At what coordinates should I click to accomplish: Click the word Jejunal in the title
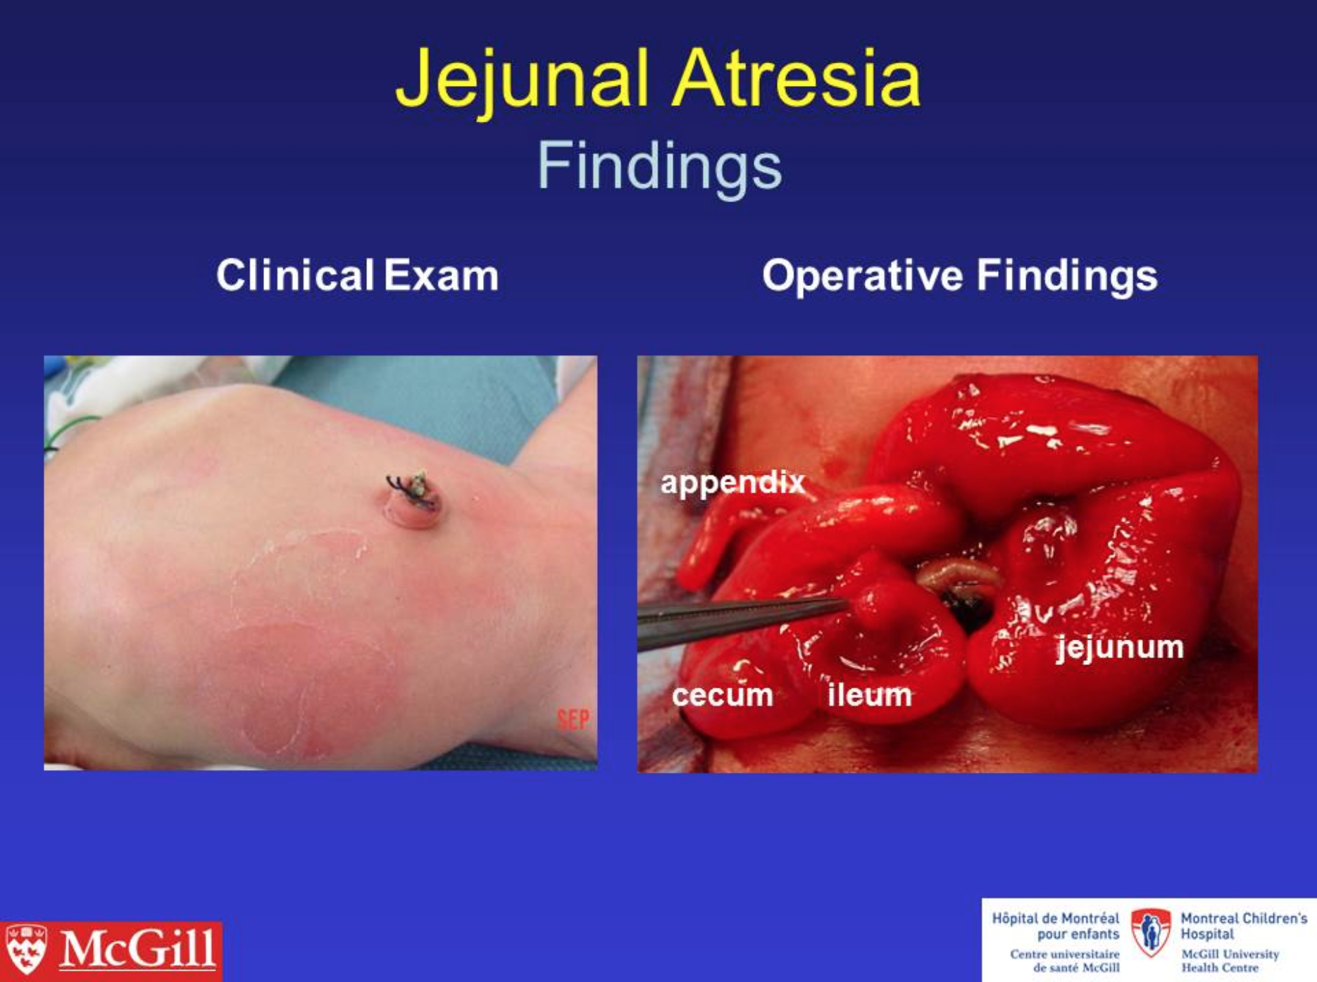tap(522, 81)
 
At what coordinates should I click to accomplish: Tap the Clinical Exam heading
tap(357, 275)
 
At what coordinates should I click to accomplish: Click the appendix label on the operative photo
tap(732, 484)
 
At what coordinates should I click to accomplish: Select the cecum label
tap(723, 695)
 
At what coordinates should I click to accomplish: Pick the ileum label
tap(870, 695)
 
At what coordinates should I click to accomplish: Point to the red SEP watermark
tap(573, 720)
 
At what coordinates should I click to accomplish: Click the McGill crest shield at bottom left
tap(26, 949)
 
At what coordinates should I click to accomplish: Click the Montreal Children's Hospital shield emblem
tap(1151, 932)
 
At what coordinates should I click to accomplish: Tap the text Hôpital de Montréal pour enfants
tap(1056, 926)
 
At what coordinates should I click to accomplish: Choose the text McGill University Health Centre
tap(1230, 961)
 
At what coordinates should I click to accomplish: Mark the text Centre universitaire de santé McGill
tap(1065, 961)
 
